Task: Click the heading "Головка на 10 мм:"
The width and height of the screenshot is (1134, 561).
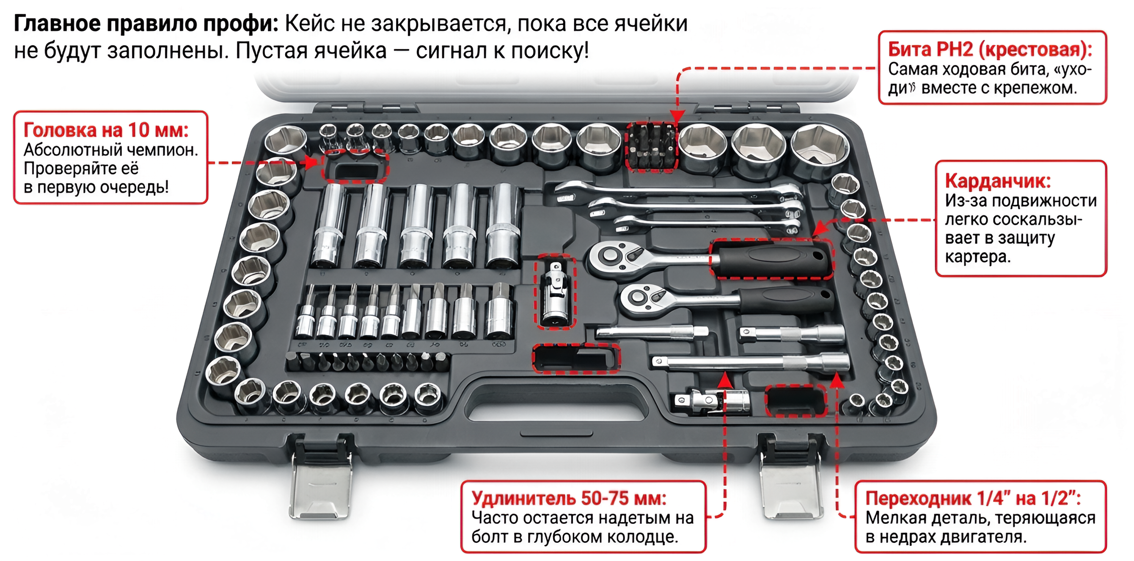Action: tap(106, 130)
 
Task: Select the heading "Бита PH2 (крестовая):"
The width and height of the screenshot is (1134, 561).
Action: tap(990, 49)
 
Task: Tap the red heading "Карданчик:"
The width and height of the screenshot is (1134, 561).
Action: tap(998, 181)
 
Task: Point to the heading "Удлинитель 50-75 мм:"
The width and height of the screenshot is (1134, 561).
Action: tap(569, 498)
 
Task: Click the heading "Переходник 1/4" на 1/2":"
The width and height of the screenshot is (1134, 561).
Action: tap(973, 498)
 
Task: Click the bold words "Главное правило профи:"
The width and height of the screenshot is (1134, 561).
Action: tap(146, 23)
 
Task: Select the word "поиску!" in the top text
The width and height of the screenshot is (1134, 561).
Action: tap(550, 51)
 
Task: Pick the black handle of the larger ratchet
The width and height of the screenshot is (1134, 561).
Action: tap(773, 260)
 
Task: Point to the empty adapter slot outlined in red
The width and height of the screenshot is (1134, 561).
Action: tap(795, 401)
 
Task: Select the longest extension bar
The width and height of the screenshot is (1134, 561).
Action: tap(751, 362)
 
